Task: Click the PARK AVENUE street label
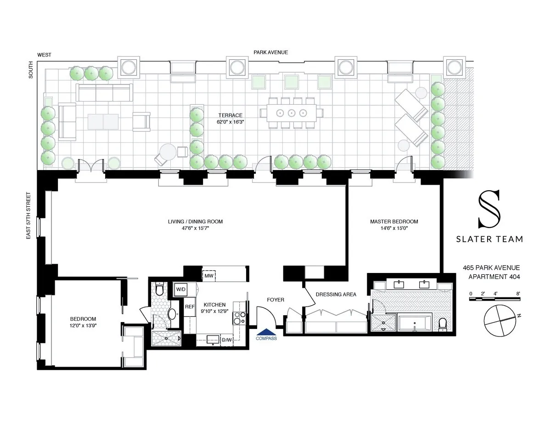coord(271,52)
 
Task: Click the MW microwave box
coord(209,276)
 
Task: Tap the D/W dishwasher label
coord(227,340)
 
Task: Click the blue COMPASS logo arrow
coord(267,332)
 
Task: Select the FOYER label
coord(275,300)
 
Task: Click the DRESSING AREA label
coord(336,295)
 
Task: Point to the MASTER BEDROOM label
coord(394,222)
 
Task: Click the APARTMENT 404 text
coord(494,277)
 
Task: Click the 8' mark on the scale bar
coord(518,293)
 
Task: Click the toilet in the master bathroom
coord(443,324)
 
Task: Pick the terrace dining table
coord(292,113)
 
